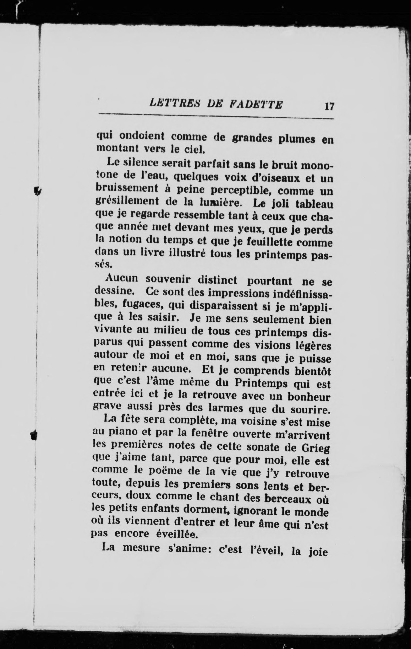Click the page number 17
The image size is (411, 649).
click(x=329, y=106)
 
